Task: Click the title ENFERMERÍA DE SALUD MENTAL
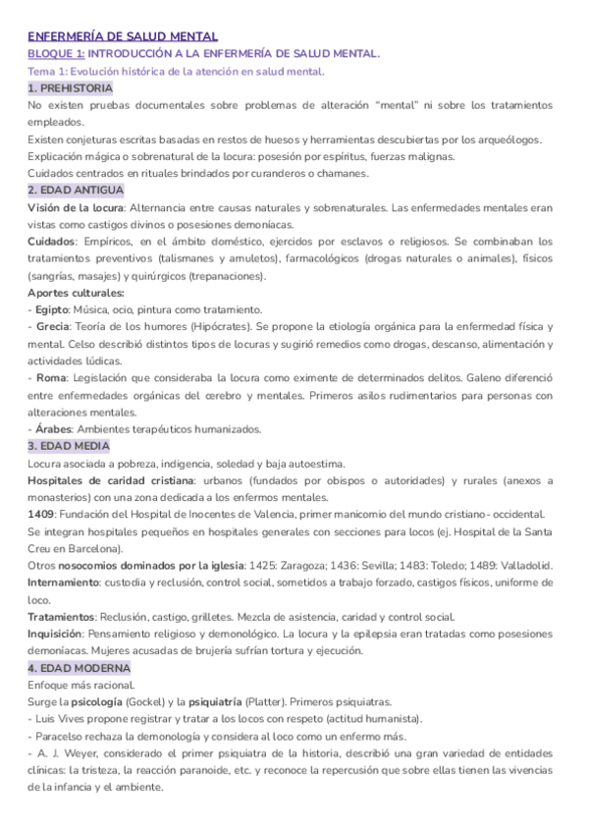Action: click(x=123, y=36)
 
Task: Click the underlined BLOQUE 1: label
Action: click(x=56, y=54)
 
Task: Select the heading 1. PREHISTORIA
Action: click(x=71, y=88)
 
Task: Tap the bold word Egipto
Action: click(x=52, y=309)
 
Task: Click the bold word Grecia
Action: click(x=53, y=326)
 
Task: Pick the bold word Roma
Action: click(x=49, y=377)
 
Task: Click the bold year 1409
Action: click(x=41, y=514)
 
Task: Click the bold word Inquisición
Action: click(x=62, y=633)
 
